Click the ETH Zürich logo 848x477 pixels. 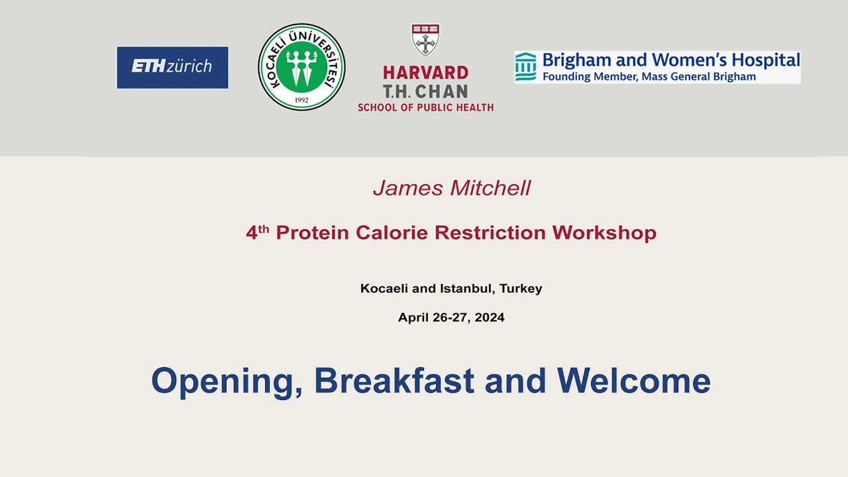point(172,67)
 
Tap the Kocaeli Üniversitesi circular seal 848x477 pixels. point(301,67)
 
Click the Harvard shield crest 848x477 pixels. point(425,40)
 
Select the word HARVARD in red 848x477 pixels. point(425,73)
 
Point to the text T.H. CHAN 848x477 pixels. point(425,91)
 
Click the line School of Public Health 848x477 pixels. point(425,107)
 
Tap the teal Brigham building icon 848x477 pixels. point(525,67)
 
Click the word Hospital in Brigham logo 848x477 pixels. point(763,60)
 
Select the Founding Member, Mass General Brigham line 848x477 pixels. point(649,77)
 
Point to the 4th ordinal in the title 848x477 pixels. point(257,233)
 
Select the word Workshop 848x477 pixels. point(604,233)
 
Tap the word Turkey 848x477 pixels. point(521,289)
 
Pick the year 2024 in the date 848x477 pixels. point(490,317)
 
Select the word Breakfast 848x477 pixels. point(394,381)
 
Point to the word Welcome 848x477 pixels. point(633,381)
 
